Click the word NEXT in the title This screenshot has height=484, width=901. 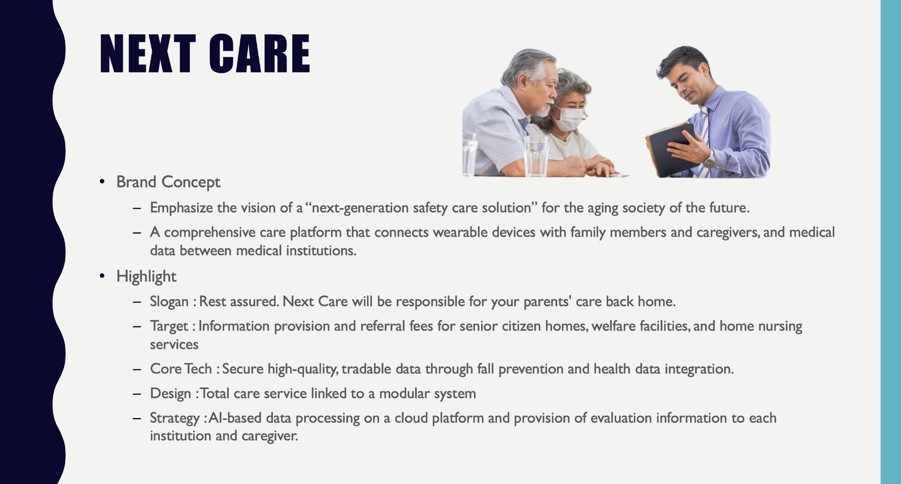click(147, 54)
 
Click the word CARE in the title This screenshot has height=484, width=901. click(260, 54)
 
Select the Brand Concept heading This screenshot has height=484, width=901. click(168, 182)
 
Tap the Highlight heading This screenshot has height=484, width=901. click(146, 277)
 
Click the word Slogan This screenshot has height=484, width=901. click(169, 302)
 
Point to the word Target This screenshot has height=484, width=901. click(169, 326)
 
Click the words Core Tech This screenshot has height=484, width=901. click(181, 369)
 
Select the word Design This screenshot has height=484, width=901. click(170, 393)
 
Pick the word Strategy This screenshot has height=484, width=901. click(175, 418)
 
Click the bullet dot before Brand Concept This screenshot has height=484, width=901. click(103, 181)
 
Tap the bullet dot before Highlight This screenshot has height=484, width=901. click(103, 276)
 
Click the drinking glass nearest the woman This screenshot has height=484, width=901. click(536, 156)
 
